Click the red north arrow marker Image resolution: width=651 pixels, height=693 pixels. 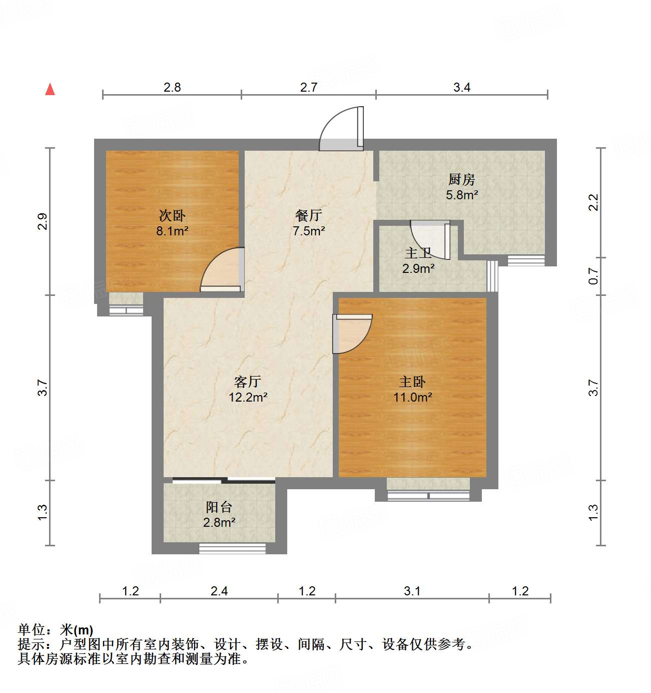50,89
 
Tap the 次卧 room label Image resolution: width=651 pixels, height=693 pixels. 172,216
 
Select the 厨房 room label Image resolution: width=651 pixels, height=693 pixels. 461,179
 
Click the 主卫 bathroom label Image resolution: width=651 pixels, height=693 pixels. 418,253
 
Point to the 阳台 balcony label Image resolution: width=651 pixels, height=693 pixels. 219,507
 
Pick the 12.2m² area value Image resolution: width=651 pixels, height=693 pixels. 248,398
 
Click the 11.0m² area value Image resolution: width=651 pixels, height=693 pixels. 412,398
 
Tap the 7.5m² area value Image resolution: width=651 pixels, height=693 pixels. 309,231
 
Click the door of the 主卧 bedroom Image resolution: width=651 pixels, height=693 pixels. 352,332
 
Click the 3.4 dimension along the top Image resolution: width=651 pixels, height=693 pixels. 462,88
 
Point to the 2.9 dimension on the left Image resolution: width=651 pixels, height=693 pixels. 43,221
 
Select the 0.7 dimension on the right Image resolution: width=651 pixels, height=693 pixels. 593,276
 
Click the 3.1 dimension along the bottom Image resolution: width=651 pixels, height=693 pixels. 412,591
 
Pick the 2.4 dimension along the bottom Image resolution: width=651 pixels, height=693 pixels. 219,591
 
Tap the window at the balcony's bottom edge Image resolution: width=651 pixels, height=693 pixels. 232,548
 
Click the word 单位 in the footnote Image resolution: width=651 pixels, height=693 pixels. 32,629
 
